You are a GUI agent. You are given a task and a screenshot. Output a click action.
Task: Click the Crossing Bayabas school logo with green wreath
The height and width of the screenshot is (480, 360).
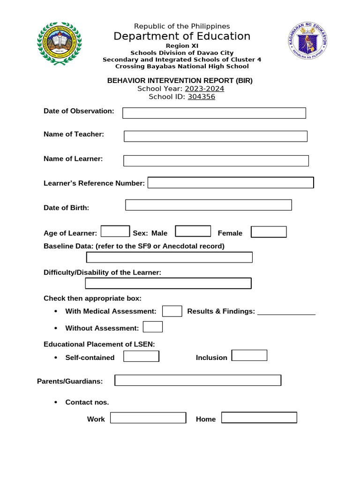click(x=59, y=43)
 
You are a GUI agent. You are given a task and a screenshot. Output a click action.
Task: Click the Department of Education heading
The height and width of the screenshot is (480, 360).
click(x=182, y=37)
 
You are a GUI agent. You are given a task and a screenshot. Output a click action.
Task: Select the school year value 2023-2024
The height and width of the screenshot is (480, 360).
click(x=204, y=89)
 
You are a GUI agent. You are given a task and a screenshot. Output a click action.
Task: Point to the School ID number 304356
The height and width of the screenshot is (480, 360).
click(x=202, y=97)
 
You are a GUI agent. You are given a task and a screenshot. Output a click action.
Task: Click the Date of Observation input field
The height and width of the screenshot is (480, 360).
click(x=214, y=113)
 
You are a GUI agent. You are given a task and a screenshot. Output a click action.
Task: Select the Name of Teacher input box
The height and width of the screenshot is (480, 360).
click(x=215, y=136)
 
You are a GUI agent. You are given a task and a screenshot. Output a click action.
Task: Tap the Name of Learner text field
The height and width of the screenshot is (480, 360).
click(x=216, y=161)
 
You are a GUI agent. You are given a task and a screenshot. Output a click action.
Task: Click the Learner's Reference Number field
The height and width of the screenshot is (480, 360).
click(x=231, y=183)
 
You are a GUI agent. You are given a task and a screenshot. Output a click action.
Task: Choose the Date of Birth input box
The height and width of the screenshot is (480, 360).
click(x=209, y=205)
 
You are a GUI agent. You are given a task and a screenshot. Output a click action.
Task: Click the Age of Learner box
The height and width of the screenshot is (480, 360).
click(x=115, y=232)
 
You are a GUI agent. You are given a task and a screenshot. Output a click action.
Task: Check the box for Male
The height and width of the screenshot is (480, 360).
click(x=193, y=231)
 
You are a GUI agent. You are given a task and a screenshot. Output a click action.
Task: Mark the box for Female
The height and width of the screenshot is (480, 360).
click(x=269, y=232)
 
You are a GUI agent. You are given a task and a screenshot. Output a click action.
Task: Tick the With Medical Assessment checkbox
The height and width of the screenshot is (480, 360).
click(x=172, y=311)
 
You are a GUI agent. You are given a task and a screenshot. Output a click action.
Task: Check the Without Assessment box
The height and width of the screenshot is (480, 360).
click(x=153, y=327)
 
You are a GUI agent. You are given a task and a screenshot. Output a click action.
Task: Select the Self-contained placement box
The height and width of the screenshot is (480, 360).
click(x=141, y=356)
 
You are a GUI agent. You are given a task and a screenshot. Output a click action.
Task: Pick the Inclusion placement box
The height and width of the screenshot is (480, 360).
click(x=249, y=355)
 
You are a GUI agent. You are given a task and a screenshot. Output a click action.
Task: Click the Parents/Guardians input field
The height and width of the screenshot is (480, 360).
click(x=198, y=380)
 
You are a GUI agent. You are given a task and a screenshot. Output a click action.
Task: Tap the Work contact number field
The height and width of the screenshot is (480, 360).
click(x=148, y=418)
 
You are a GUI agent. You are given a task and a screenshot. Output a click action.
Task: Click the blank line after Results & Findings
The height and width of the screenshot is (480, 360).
click(x=286, y=313)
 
